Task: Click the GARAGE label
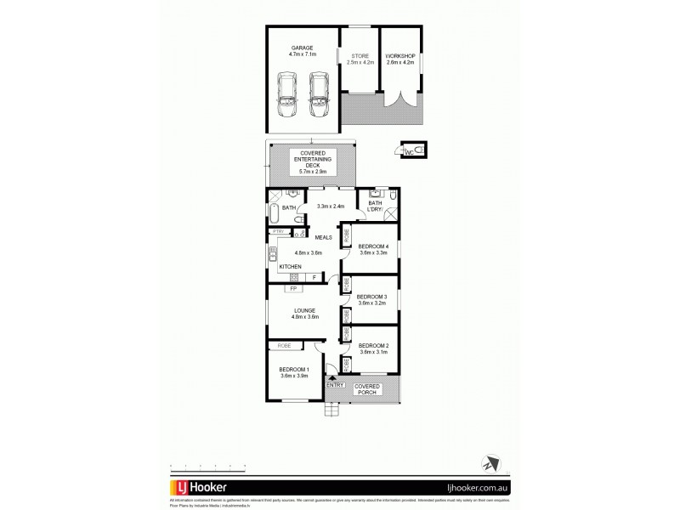pos(303,48)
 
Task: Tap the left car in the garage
pos(287,96)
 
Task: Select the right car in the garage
pos(318,96)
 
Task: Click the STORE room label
pos(359,56)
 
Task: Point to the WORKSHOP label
pos(399,56)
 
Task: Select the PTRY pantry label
pos(277,231)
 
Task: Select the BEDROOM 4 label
pos(373,246)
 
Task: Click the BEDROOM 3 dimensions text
pos(373,303)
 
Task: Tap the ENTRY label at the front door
pos(335,386)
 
